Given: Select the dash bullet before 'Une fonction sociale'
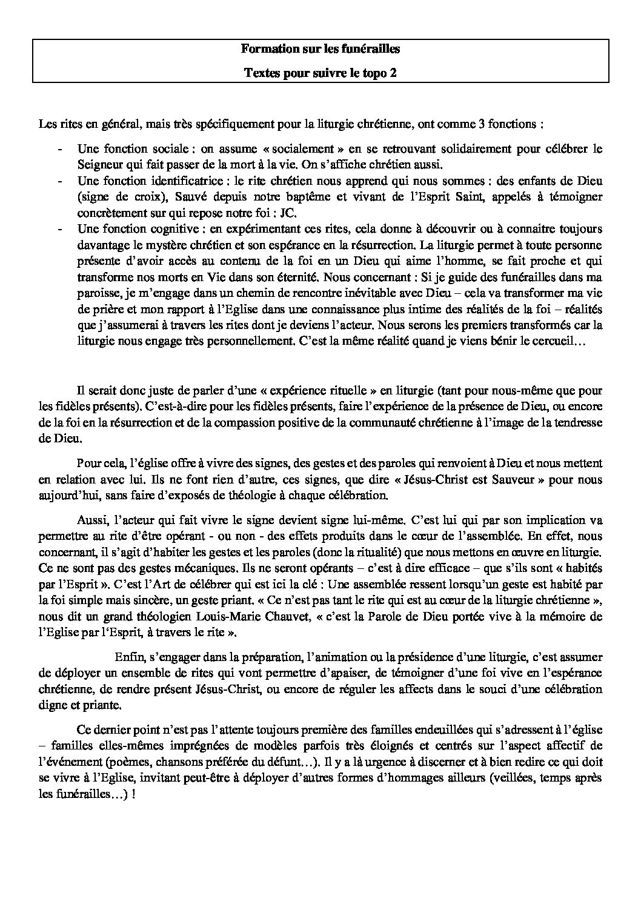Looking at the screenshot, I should pos(59,148).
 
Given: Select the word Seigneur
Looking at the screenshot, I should pos(98,165).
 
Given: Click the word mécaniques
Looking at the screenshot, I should pos(139,568).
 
